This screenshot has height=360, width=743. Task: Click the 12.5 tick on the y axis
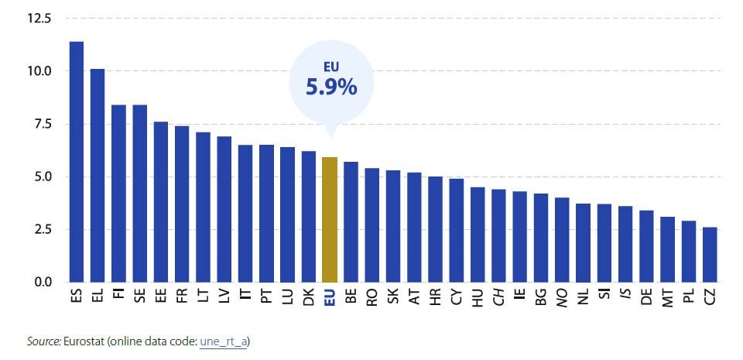tap(38, 19)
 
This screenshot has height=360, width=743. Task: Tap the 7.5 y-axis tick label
tap(41, 124)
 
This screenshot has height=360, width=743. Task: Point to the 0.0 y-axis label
tap(41, 282)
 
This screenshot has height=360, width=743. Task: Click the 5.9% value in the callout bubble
tap(331, 87)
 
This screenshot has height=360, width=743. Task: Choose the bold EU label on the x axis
tap(330, 297)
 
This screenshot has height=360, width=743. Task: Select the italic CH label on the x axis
tap(499, 297)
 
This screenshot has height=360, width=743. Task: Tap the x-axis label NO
tap(563, 297)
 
